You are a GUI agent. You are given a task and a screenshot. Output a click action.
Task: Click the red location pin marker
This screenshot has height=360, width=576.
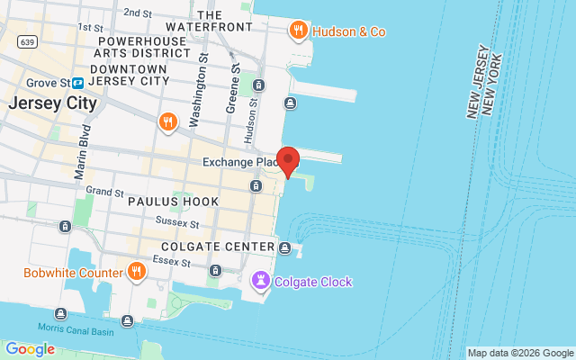(x=288, y=160)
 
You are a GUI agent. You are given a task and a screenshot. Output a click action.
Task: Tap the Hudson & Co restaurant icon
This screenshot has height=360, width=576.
(x=299, y=31)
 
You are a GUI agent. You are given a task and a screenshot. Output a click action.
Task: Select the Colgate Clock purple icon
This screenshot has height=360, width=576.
(x=261, y=282)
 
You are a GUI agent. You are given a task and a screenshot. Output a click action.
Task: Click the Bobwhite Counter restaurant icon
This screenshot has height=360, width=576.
(x=137, y=272)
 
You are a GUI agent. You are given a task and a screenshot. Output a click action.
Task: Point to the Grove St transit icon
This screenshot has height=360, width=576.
(x=78, y=83)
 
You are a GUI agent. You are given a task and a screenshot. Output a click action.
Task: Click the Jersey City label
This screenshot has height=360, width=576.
(x=51, y=103)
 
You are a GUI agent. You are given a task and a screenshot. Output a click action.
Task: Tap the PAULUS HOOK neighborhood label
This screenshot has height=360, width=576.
(x=173, y=202)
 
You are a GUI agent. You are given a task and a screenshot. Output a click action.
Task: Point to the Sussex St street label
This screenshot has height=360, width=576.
(x=176, y=221)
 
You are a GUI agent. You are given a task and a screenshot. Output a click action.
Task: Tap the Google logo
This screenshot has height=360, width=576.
(x=30, y=349)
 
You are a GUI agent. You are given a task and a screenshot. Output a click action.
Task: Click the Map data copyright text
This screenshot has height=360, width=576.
(x=519, y=353)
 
